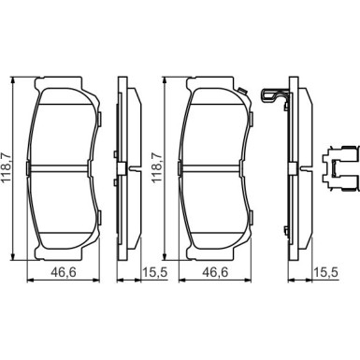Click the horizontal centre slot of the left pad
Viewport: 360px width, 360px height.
click(x=62, y=166)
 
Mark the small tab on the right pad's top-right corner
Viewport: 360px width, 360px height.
click(x=242, y=91)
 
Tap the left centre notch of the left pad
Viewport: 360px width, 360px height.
click(x=29, y=166)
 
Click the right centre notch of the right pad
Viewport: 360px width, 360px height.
click(x=252, y=166)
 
